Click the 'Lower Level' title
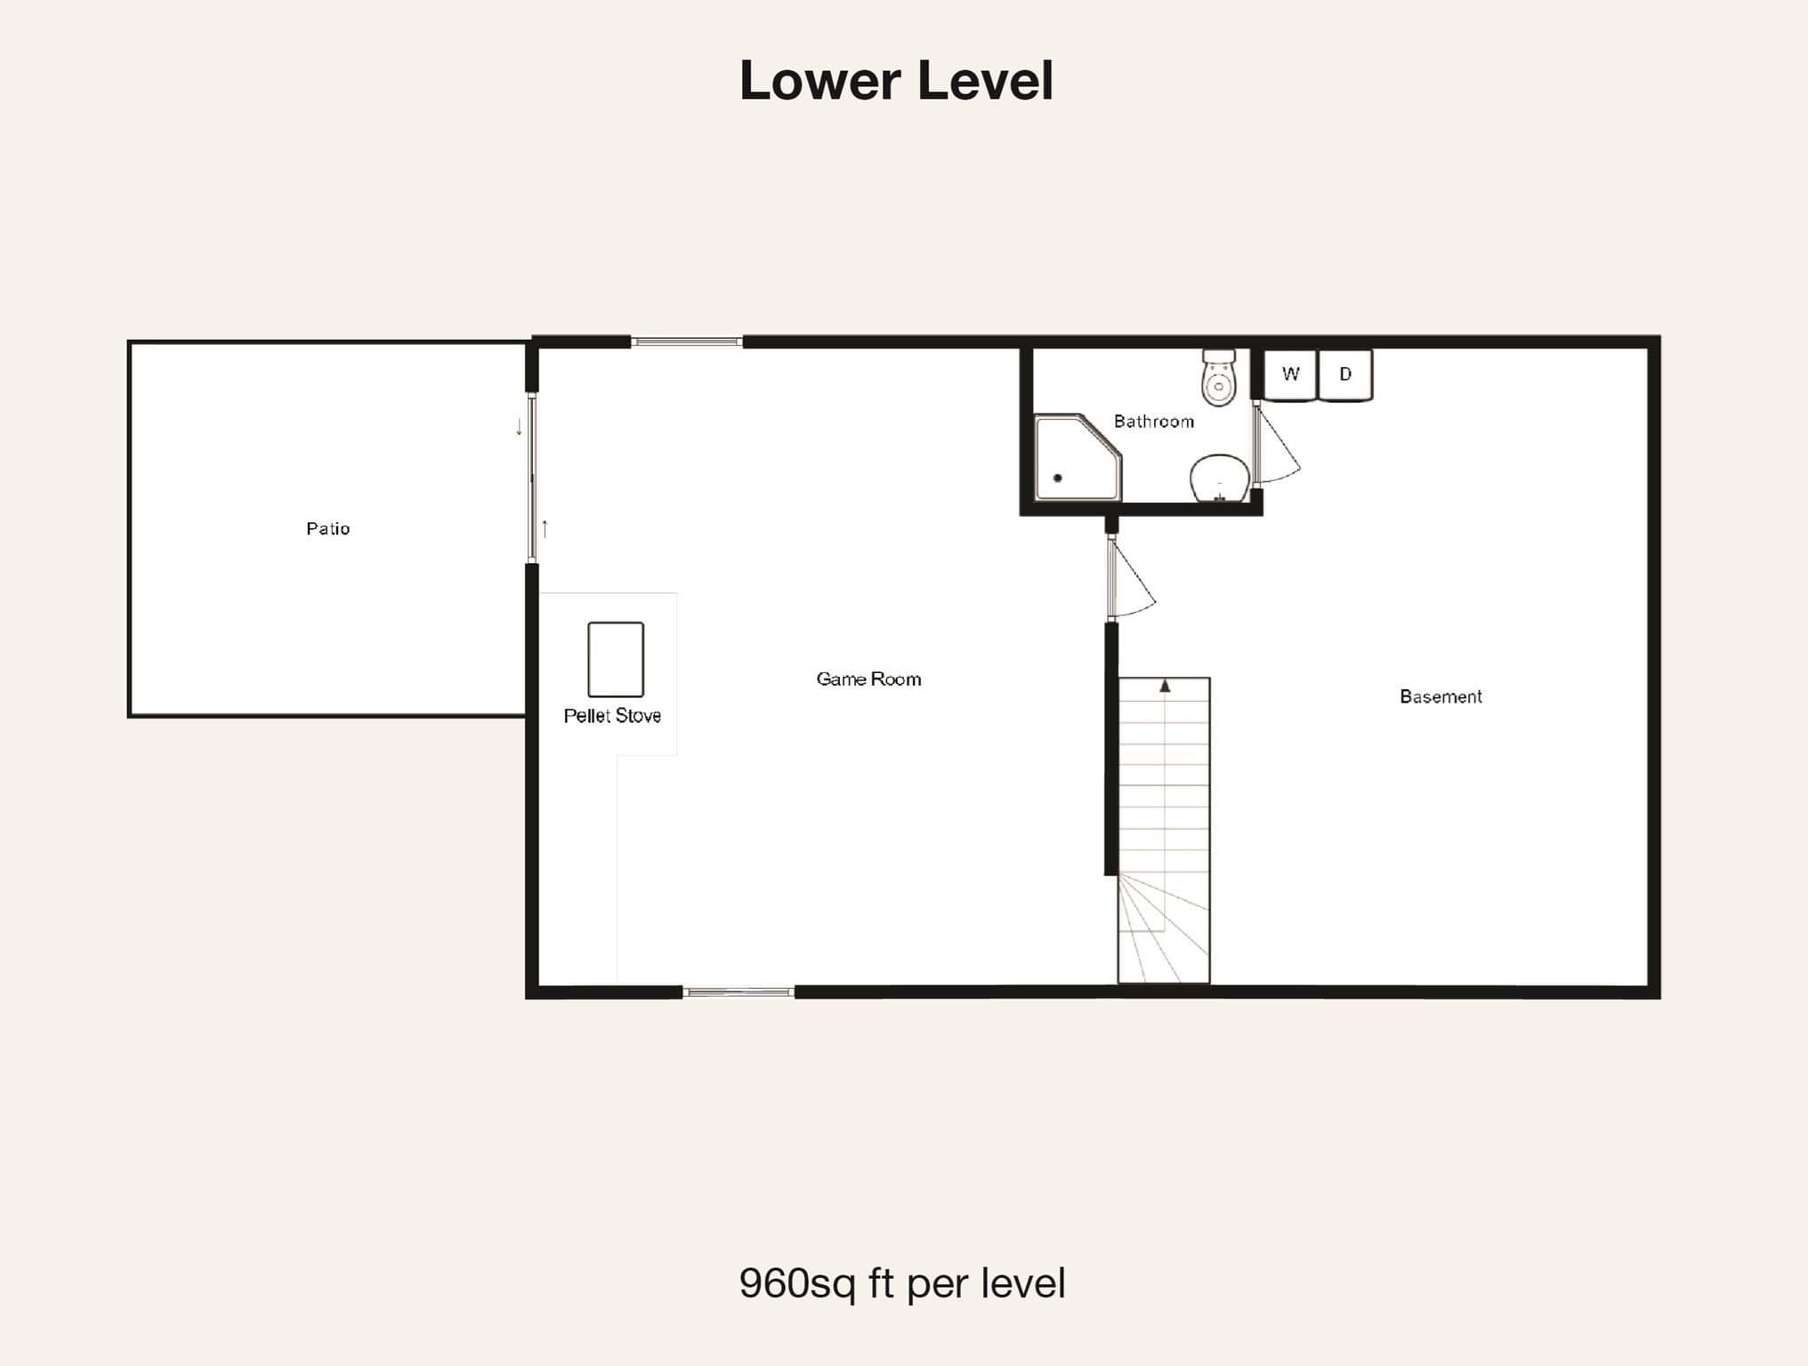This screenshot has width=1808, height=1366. tap(896, 80)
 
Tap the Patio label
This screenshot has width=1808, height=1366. tap(327, 528)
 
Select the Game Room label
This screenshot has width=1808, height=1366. tap(868, 679)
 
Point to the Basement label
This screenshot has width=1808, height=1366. tap(1441, 696)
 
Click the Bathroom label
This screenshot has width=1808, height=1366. tap(1154, 421)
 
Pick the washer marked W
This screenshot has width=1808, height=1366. tap(1290, 374)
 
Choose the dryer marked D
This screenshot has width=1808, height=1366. tap(1345, 374)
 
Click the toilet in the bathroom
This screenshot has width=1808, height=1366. tap(1219, 377)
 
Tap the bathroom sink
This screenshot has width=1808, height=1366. tap(1220, 479)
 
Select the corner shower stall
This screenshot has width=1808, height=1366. tap(1078, 457)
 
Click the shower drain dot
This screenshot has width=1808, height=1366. tap(1057, 478)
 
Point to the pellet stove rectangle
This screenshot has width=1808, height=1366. tap(616, 659)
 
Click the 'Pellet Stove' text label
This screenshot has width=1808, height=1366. tap(612, 715)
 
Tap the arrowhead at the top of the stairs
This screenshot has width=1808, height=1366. tap(1165, 686)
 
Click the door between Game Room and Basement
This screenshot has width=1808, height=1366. tap(1131, 577)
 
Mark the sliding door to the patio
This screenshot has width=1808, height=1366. tap(532, 478)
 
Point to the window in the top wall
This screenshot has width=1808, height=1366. tap(687, 341)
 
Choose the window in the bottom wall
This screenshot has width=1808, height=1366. tap(739, 992)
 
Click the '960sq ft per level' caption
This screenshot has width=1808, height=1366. tap(902, 1283)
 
